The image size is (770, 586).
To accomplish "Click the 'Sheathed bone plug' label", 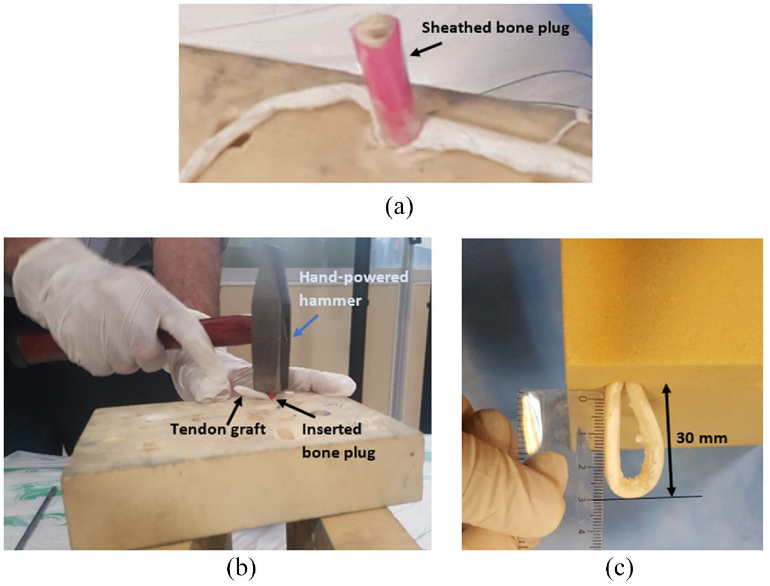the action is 495,28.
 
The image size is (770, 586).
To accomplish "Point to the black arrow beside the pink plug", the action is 426,49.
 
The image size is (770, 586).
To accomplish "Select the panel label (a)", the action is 399,207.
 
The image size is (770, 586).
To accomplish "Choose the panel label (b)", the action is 241,568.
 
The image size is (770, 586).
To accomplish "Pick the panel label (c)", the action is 619,568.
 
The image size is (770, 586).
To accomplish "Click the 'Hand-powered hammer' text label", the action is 354,289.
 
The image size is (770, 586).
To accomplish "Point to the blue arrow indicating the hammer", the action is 306,325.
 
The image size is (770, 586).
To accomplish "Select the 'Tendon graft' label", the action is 218,429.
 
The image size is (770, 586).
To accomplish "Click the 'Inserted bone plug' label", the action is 338,441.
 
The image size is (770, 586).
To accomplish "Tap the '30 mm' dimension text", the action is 702,438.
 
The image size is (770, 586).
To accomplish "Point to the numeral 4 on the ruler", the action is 582,531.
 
